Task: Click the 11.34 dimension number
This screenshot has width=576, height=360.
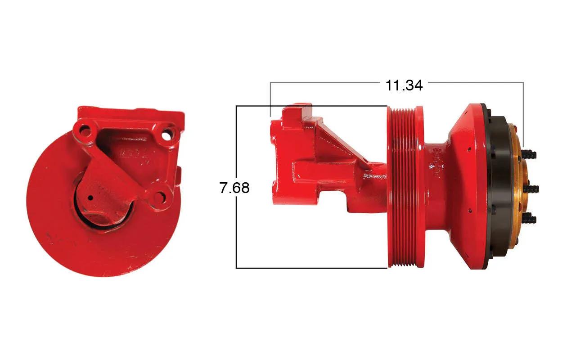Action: tap(404, 85)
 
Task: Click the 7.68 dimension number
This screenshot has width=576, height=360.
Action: tap(234, 188)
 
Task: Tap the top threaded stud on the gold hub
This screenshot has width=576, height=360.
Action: tap(530, 154)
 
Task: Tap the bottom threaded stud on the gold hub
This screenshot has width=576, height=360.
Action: tap(530, 219)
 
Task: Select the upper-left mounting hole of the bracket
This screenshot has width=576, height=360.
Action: tap(85, 131)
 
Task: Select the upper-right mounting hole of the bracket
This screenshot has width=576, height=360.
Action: tap(167, 135)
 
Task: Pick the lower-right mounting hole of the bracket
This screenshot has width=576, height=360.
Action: tap(160, 198)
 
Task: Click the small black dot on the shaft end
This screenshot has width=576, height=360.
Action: tap(91, 198)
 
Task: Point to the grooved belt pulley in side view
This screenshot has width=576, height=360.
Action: tap(402, 187)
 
